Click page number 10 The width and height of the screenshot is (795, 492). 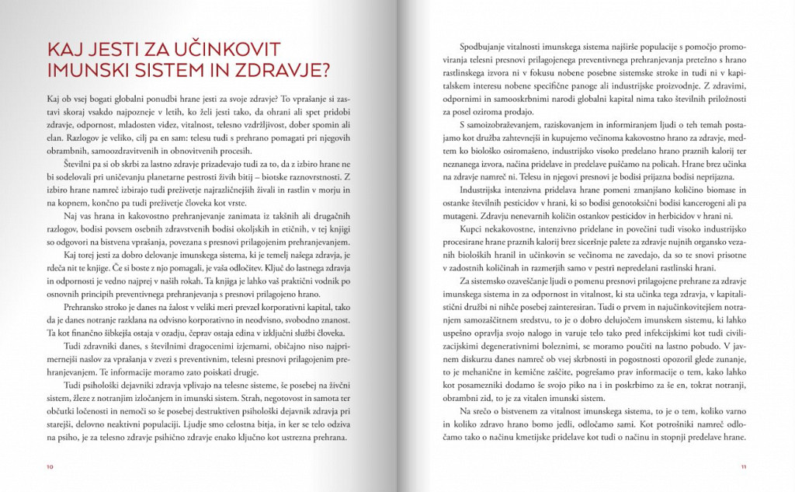click(x=50, y=467)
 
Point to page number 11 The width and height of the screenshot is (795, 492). click(x=743, y=467)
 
